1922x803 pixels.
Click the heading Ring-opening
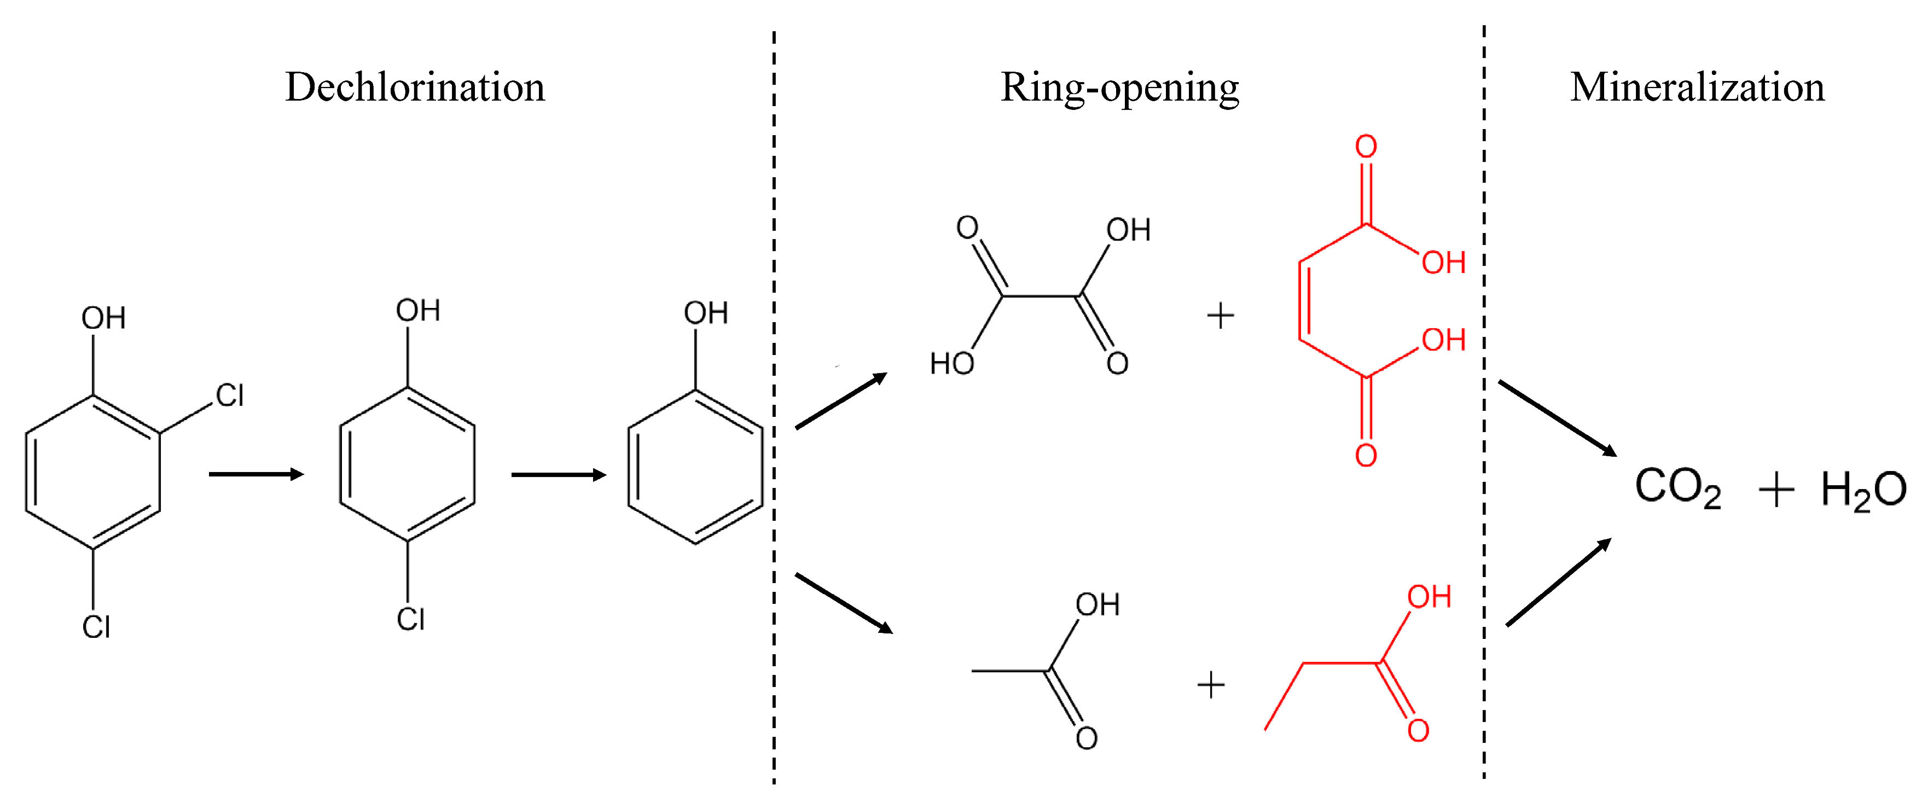point(1119,88)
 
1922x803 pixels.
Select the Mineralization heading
point(1698,88)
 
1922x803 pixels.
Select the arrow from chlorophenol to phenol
point(558,475)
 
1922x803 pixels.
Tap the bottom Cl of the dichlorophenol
point(96,627)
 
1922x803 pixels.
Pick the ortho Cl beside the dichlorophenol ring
point(230,395)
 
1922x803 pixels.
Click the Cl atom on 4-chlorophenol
point(410,619)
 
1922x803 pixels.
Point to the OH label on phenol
point(706,313)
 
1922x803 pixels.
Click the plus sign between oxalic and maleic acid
point(1221,316)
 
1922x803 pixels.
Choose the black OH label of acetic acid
point(1098,604)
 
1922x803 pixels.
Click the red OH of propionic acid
point(1429,597)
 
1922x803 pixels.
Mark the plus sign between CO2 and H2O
point(1776,490)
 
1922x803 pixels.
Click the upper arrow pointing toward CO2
point(1557,418)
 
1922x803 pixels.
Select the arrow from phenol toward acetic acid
point(844,603)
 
